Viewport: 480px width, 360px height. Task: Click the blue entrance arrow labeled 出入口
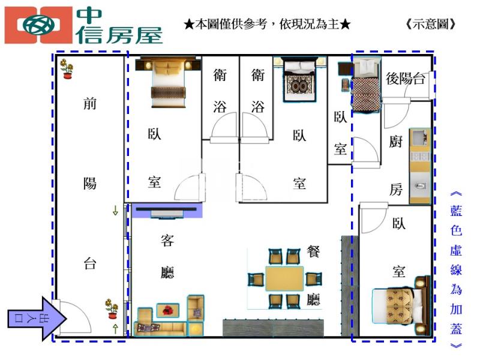(37, 319)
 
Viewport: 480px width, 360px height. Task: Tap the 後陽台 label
(406, 79)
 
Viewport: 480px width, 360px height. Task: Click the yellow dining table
(284, 278)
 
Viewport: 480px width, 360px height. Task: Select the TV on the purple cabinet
(167, 212)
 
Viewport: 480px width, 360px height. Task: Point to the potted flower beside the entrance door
(112, 308)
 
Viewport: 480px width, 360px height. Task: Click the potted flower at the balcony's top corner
(67, 68)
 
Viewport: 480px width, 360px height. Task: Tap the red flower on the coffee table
(167, 310)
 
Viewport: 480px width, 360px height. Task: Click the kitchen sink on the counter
(421, 185)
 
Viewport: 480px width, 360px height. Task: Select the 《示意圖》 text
(431, 24)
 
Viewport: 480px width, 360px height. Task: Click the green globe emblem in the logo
(38, 25)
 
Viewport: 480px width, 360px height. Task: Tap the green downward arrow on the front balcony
(115, 211)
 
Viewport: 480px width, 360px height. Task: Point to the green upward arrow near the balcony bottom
(115, 328)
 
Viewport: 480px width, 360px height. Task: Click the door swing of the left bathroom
(224, 126)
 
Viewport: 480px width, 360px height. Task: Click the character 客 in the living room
(167, 241)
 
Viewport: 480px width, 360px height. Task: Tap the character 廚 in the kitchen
(395, 142)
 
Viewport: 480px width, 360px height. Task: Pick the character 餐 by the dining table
(313, 251)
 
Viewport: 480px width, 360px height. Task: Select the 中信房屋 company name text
(119, 26)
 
